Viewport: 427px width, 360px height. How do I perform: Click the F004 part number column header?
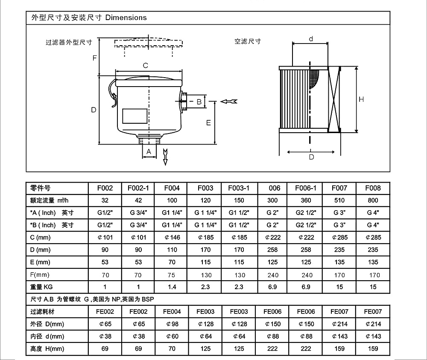click(172, 188)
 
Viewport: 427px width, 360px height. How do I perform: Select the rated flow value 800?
click(373, 200)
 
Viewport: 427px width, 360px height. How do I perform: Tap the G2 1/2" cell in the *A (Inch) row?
click(306, 213)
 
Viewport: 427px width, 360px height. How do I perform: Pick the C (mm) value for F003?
click(206, 238)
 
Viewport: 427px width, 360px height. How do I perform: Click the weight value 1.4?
click(172, 287)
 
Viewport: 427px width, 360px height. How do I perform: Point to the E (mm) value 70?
click(172, 262)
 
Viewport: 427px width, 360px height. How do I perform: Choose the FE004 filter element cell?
click(172, 312)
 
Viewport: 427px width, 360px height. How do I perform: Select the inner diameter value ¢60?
click(173, 337)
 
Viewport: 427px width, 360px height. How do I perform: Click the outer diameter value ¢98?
click(173, 324)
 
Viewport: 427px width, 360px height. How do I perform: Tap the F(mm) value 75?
click(171, 275)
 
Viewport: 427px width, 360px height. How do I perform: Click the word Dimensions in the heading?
click(126, 17)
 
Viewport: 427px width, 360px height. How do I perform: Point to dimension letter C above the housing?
click(146, 66)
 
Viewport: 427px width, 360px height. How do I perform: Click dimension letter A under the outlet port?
click(149, 151)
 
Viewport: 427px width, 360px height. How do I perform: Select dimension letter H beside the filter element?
click(361, 99)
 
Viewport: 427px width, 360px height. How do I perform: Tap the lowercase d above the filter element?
click(311, 39)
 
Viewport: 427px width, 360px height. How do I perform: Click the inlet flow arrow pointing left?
click(229, 102)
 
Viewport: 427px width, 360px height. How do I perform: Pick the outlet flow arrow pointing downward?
click(165, 157)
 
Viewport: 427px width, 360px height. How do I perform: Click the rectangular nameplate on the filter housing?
click(135, 116)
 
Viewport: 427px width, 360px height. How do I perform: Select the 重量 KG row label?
click(41, 287)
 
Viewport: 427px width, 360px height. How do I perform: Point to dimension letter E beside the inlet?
click(208, 123)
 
